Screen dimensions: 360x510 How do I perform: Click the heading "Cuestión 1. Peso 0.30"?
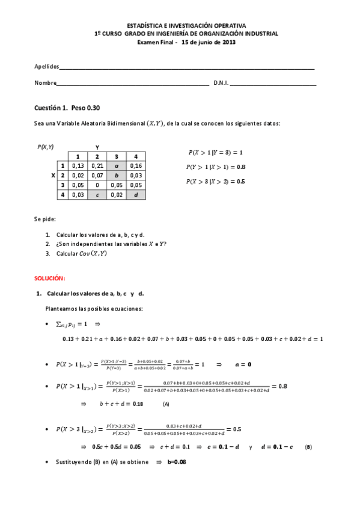[67, 108]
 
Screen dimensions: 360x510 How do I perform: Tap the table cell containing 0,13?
[77, 165]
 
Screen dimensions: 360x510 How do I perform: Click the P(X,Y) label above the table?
[45, 146]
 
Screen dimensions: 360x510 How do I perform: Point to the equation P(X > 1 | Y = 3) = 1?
[215, 153]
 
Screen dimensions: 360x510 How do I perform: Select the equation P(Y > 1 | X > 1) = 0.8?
[216, 167]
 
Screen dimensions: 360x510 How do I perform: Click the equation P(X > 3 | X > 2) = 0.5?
[216, 181]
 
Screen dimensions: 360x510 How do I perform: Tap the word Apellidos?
[46, 66]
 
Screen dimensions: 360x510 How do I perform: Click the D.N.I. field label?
[221, 83]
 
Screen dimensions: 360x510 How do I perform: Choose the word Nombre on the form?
[45, 83]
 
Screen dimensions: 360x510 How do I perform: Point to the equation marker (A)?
[166, 404]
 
